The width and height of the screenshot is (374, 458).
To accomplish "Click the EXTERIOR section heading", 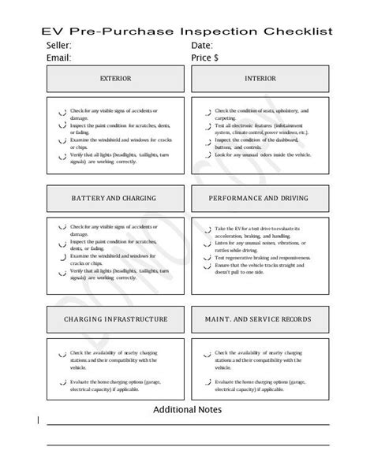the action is (x=115, y=79).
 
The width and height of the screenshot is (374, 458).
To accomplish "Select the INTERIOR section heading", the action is (x=260, y=79).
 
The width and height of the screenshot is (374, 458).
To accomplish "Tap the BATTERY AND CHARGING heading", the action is (x=113, y=198).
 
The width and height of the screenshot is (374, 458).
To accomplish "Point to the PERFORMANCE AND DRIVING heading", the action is (x=259, y=198).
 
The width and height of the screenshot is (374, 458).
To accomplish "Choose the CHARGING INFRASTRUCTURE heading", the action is (x=115, y=319).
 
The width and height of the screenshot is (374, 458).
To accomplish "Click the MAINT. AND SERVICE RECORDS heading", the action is (x=259, y=319).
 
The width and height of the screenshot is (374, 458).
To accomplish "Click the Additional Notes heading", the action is (x=187, y=410).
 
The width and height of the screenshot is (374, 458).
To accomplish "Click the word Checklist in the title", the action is (x=297, y=32).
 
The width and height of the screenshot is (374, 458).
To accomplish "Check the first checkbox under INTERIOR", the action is (x=206, y=112).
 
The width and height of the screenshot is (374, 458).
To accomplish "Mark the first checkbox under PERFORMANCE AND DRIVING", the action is (x=206, y=230).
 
